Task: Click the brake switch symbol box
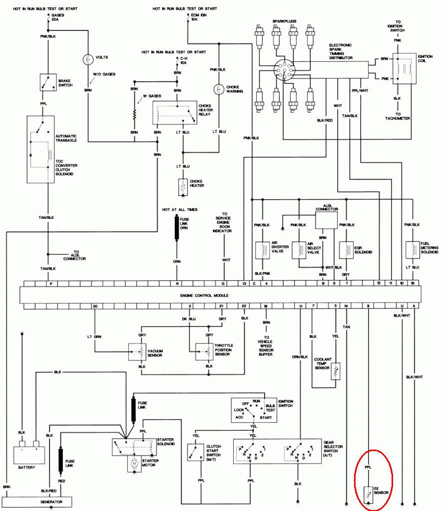tap(48, 82)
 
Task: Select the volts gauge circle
tap(88, 60)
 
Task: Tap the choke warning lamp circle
tap(218, 89)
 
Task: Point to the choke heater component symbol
tap(181, 186)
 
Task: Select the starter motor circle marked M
tap(134, 464)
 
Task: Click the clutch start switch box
tap(193, 452)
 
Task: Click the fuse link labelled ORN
tap(176, 229)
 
